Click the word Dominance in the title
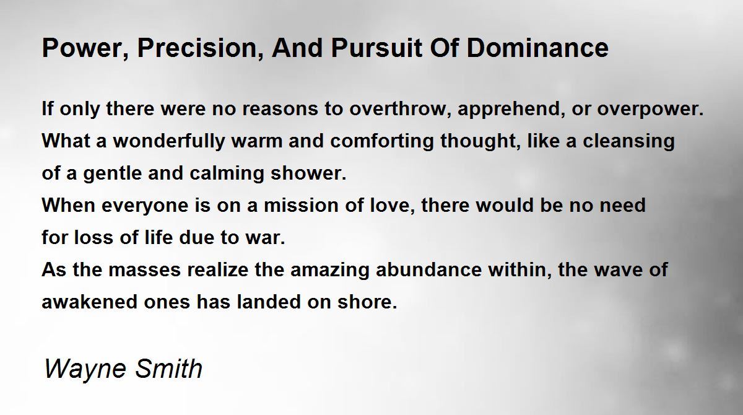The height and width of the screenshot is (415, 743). [537, 48]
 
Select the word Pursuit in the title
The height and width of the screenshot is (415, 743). [377, 48]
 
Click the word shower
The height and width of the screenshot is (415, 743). [308, 173]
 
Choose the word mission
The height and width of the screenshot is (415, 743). [301, 205]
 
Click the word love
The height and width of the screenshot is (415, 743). [393, 206]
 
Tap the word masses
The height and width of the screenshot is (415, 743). [144, 270]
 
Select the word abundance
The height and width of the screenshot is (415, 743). [428, 269]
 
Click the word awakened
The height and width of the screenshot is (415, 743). [89, 302]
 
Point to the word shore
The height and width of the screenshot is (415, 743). [367, 302]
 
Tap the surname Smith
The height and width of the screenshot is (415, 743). [169, 368]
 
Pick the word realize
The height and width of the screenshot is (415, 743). [217, 269]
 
